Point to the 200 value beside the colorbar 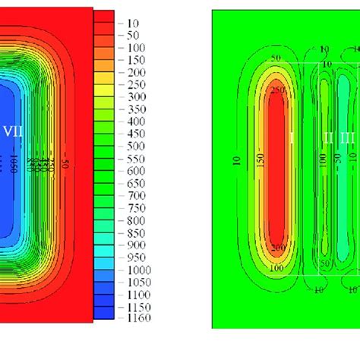pos(135,72)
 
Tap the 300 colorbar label pos(135,97)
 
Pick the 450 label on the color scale pos(135,134)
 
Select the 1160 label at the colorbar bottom pos(137,317)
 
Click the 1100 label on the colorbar pos(137,293)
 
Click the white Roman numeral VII pos(13,131)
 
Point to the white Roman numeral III pos(347,137)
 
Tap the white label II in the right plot pos(328,137)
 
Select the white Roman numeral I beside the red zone pos(292,137)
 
